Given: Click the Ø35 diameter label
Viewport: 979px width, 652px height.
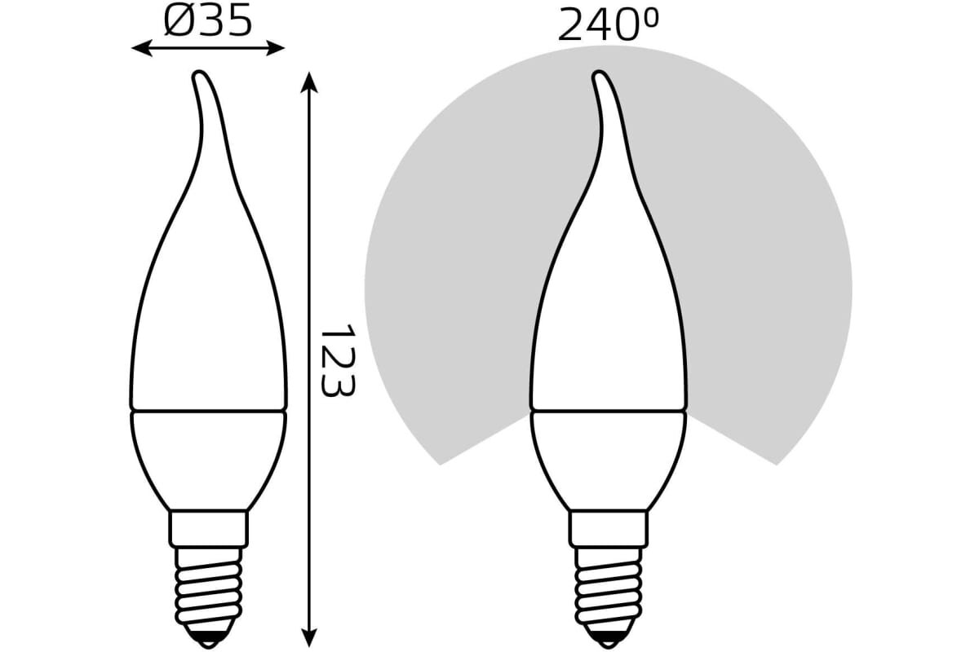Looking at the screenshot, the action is pyautogui.click(x=208, y=21).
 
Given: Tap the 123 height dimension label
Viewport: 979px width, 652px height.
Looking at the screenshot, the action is pyautogui.click(x=338, y=360).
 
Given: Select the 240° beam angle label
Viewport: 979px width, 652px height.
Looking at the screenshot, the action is pyautogui.click(x=608, y=26).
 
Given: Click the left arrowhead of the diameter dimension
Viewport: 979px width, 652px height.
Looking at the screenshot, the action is pyautogui.click(x=141, y=48).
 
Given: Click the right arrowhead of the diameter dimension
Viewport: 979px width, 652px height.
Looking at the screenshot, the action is pyautogui.click(x=276, y=48).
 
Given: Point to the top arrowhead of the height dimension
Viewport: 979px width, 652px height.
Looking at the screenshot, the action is pyautogui.click(x=309, y=82).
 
